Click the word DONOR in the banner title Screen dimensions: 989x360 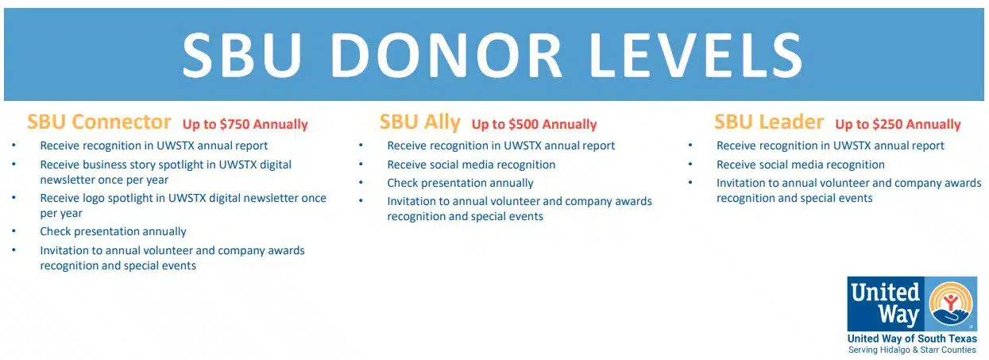[x=446, y=55]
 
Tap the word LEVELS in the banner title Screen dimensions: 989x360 [x=696, y=55]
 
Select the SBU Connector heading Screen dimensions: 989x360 [x=99, y=122]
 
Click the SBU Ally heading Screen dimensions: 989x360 [x=420, y=122]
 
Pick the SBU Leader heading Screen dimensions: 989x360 [x=769, y=122]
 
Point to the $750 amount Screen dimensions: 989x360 [x=235, y=124]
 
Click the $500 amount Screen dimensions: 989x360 [x=523, y=124]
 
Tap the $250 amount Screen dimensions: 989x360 [x=887, y=124]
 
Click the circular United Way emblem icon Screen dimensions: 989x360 [x=951, y=304]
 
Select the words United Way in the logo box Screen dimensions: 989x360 [x=885, y=304]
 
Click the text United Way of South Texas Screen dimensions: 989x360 [x=912, y=339]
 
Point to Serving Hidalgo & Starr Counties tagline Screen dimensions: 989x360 [x=912, y=350]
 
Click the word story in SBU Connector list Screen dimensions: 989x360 [x=141, y=165]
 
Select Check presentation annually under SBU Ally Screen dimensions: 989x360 [x=460, y=184]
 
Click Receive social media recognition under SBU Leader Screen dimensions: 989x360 [x=801, y=165]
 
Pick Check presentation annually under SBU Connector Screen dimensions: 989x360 [x=113, y=232]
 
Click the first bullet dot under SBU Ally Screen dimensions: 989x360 [x=361, y=145]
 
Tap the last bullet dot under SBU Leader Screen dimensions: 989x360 [x=690, y=182]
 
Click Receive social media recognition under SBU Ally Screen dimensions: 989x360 [x=471, y=165]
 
